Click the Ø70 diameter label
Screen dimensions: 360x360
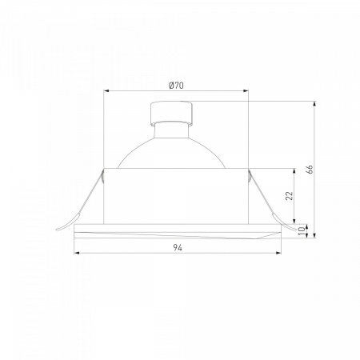coord(176,86)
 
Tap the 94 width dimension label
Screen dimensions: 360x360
coord(178,248)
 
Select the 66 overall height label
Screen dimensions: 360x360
coord(310,170)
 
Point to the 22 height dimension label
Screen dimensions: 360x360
coord(290,195)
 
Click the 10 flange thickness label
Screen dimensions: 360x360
coord(302,230)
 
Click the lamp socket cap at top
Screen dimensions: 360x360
coord(171,113)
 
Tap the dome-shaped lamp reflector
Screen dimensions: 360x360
coord(171,153)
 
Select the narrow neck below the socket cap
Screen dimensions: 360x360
coord(171,130)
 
